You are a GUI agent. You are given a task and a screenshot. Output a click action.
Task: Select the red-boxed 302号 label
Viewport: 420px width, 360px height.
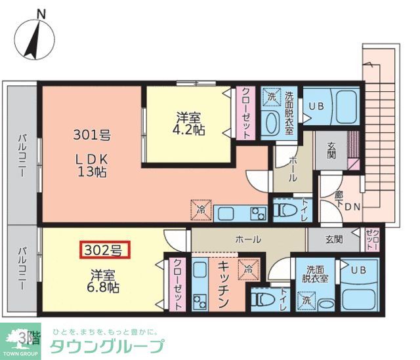coord(105,249)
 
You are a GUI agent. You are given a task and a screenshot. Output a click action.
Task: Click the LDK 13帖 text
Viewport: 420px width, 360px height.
coord(91,166)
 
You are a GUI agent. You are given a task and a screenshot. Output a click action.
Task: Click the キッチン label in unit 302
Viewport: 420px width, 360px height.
coord(223,283)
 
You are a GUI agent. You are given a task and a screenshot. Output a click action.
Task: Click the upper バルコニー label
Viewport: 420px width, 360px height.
coord(22,157)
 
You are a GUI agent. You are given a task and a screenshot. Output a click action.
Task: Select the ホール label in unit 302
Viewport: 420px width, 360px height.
coord(248,239)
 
